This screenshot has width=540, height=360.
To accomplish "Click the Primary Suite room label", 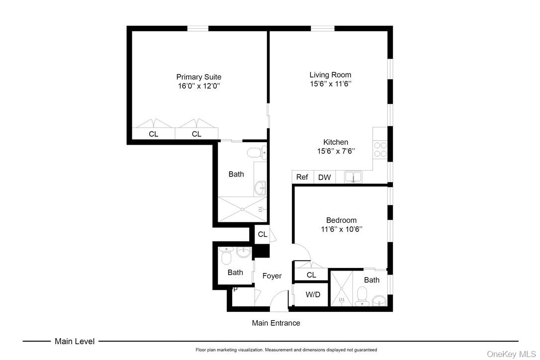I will [198, 77].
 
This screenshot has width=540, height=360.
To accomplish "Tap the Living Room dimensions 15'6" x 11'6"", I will [331, 84].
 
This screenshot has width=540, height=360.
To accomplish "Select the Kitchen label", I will [336, 142].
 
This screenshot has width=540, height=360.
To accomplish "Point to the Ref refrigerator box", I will [302, 177].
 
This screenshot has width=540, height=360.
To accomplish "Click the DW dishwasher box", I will [324, 177].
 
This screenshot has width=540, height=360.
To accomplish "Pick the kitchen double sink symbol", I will [354, 177].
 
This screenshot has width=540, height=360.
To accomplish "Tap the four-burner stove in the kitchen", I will [380, 150].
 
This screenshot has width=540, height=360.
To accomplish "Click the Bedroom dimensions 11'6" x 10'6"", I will [341, 229].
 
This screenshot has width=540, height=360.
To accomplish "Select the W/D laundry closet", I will [313, 294].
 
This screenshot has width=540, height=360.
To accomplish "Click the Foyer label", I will [272, 276].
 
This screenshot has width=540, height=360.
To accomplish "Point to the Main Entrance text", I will [276, 323].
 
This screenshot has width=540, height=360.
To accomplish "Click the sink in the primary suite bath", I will [260, 188].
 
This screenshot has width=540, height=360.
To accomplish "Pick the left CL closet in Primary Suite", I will [154, 134].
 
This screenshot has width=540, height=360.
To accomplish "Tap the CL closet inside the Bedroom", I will [311, 275].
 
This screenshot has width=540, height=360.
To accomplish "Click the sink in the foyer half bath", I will [244, 253].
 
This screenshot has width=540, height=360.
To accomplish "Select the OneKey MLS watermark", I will [512, 354].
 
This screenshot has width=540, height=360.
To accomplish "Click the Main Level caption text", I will [75, 341].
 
